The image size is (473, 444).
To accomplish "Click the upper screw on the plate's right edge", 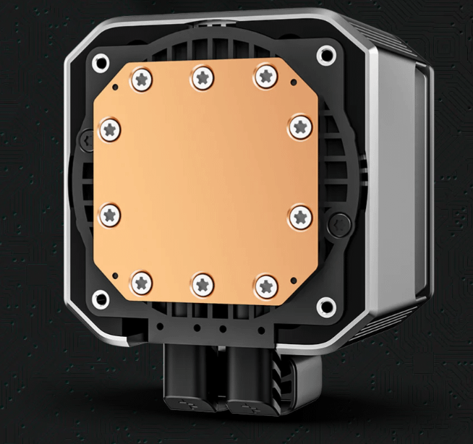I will (x=299, y=127).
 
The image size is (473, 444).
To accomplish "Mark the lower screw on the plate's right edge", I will (x=299, y=215).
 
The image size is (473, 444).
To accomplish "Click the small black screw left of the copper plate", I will (x=87, y=135).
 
